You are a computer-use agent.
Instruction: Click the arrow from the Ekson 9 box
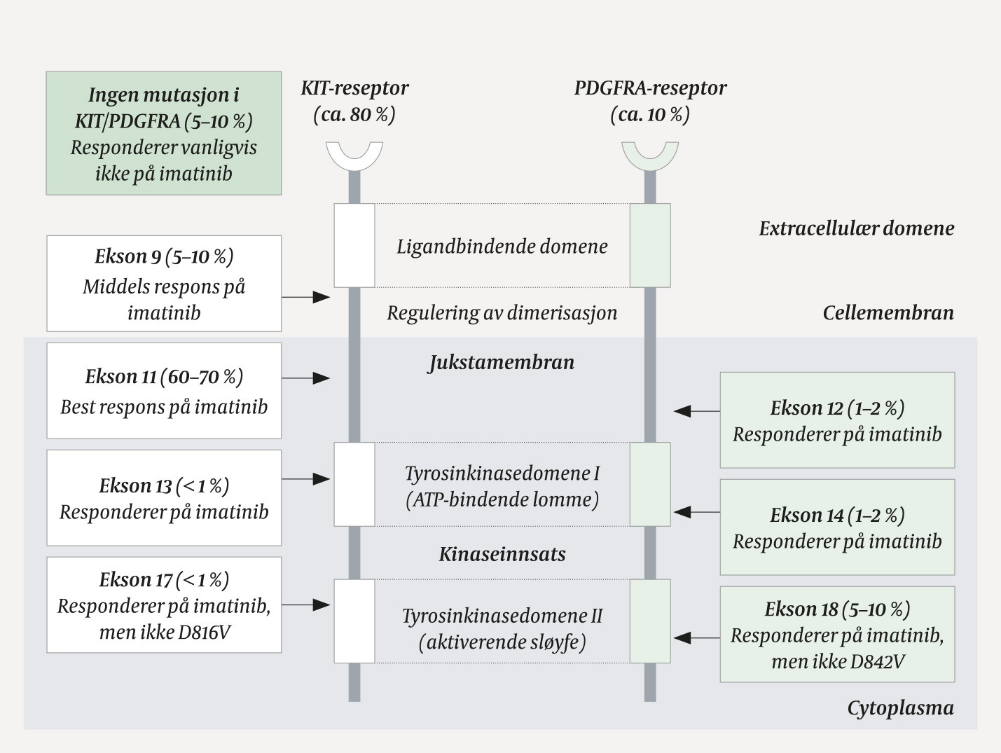306,298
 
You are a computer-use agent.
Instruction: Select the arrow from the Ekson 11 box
306,378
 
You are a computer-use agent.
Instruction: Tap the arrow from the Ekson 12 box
696,411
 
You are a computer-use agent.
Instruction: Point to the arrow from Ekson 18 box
696,638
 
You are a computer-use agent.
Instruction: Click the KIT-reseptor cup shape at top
354,155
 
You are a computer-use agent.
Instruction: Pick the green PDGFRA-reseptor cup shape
650,155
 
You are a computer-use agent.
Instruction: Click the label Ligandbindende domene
502,247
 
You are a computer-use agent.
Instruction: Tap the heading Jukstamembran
502,362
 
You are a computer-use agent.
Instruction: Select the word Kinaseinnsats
502,554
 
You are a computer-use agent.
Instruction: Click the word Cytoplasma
900,708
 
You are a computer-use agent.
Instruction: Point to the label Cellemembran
888,312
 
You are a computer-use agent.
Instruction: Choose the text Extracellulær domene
856,228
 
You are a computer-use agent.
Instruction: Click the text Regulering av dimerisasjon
502,312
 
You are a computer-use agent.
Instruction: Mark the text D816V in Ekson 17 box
204,633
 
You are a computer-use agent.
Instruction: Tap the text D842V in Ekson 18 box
876,661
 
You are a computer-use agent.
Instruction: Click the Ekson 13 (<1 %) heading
164,485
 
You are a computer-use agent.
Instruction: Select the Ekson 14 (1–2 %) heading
837,516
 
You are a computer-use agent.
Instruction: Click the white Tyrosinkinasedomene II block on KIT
354,621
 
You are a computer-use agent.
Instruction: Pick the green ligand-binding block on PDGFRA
650,245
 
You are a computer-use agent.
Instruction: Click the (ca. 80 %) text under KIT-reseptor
354,114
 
